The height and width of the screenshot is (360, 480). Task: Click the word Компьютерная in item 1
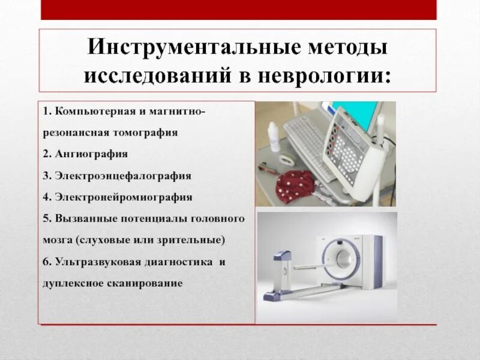pyautogui.click(x=84, y=112)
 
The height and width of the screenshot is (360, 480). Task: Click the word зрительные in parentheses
pyautogui.click(x=196, y=239)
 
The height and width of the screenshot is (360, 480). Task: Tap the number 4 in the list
pyautogui.click(x=46, y=196)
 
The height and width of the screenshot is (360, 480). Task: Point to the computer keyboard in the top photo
pyautogui.click(x=306, y=141)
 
